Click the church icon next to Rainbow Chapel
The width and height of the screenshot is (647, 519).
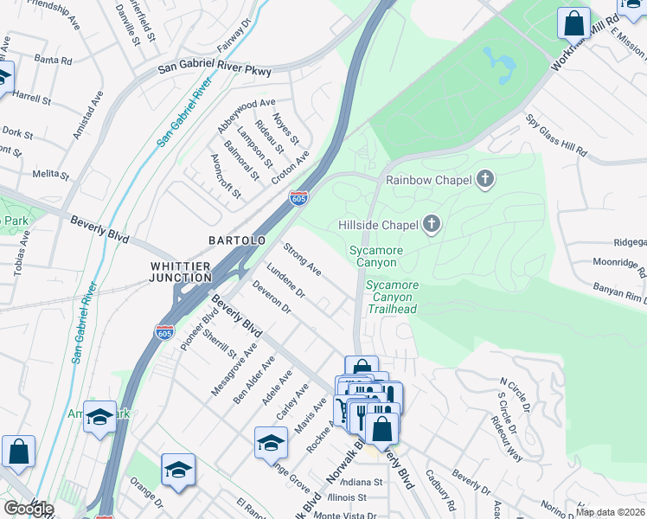coord(485,180)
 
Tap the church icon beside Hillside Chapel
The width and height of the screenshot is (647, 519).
coord(431,226)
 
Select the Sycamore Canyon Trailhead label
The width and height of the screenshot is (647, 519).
coord(391,297)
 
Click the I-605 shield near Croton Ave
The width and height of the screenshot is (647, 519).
coord(298,199)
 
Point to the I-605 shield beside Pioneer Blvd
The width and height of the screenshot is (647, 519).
coord(163,331)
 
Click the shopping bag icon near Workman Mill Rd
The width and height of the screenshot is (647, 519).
coord(573,22)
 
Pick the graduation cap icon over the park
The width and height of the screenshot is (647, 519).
coord(100,418)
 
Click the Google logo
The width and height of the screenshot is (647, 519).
coord(28,509)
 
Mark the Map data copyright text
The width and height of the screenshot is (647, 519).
coord(610,512)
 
